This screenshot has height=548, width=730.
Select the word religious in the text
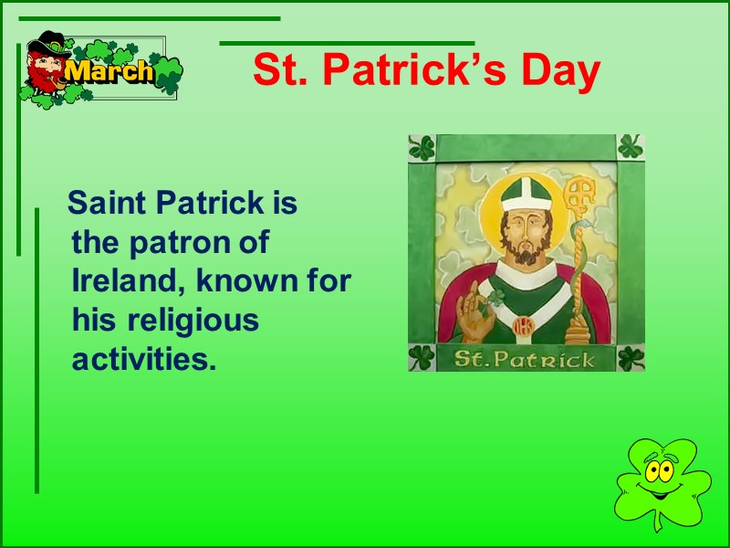(x=193, y=321)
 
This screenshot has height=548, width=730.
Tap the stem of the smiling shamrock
(x=656, y=522)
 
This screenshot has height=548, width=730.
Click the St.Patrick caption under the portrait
(x=525, y=358)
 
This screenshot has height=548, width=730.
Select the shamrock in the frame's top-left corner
(x=422, y=148)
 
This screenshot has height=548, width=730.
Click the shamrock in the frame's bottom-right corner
(x=631, y=357)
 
